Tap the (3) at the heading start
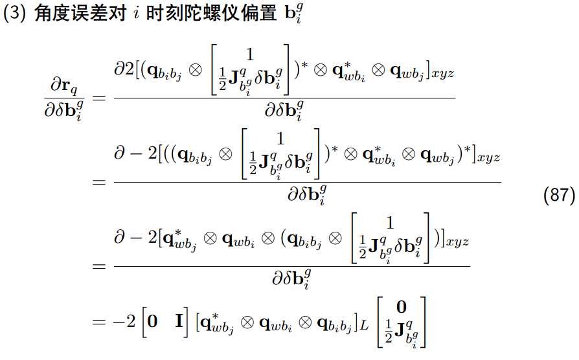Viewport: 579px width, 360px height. (x=14, y=16)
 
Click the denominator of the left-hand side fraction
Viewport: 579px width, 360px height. (x=63, y=111)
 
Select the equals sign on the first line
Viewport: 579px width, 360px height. (x=98, y=98)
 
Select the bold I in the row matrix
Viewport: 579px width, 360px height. (x=180, y=322)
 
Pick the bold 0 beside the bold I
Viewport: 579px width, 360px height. (x=152, y=322)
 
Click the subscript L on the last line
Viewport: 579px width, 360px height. (x=364, y=326)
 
